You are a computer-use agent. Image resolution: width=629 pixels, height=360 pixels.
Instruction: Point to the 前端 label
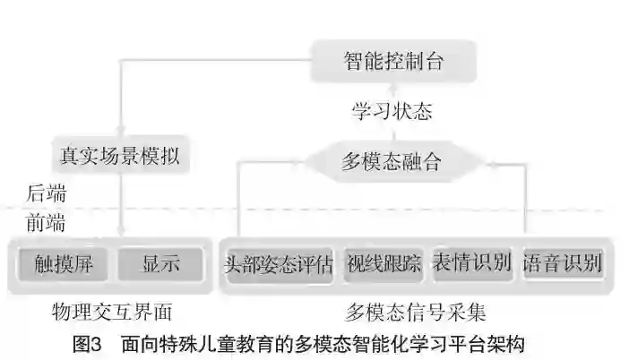click(46, 222)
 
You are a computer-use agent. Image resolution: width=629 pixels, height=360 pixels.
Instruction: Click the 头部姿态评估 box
click(278, 265)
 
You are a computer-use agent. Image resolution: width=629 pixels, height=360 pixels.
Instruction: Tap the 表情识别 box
click(471, 264)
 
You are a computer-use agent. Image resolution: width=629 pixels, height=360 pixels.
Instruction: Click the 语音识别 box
click(562, 264)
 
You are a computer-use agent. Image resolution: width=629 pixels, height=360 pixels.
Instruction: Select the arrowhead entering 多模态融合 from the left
click(302, 163)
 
